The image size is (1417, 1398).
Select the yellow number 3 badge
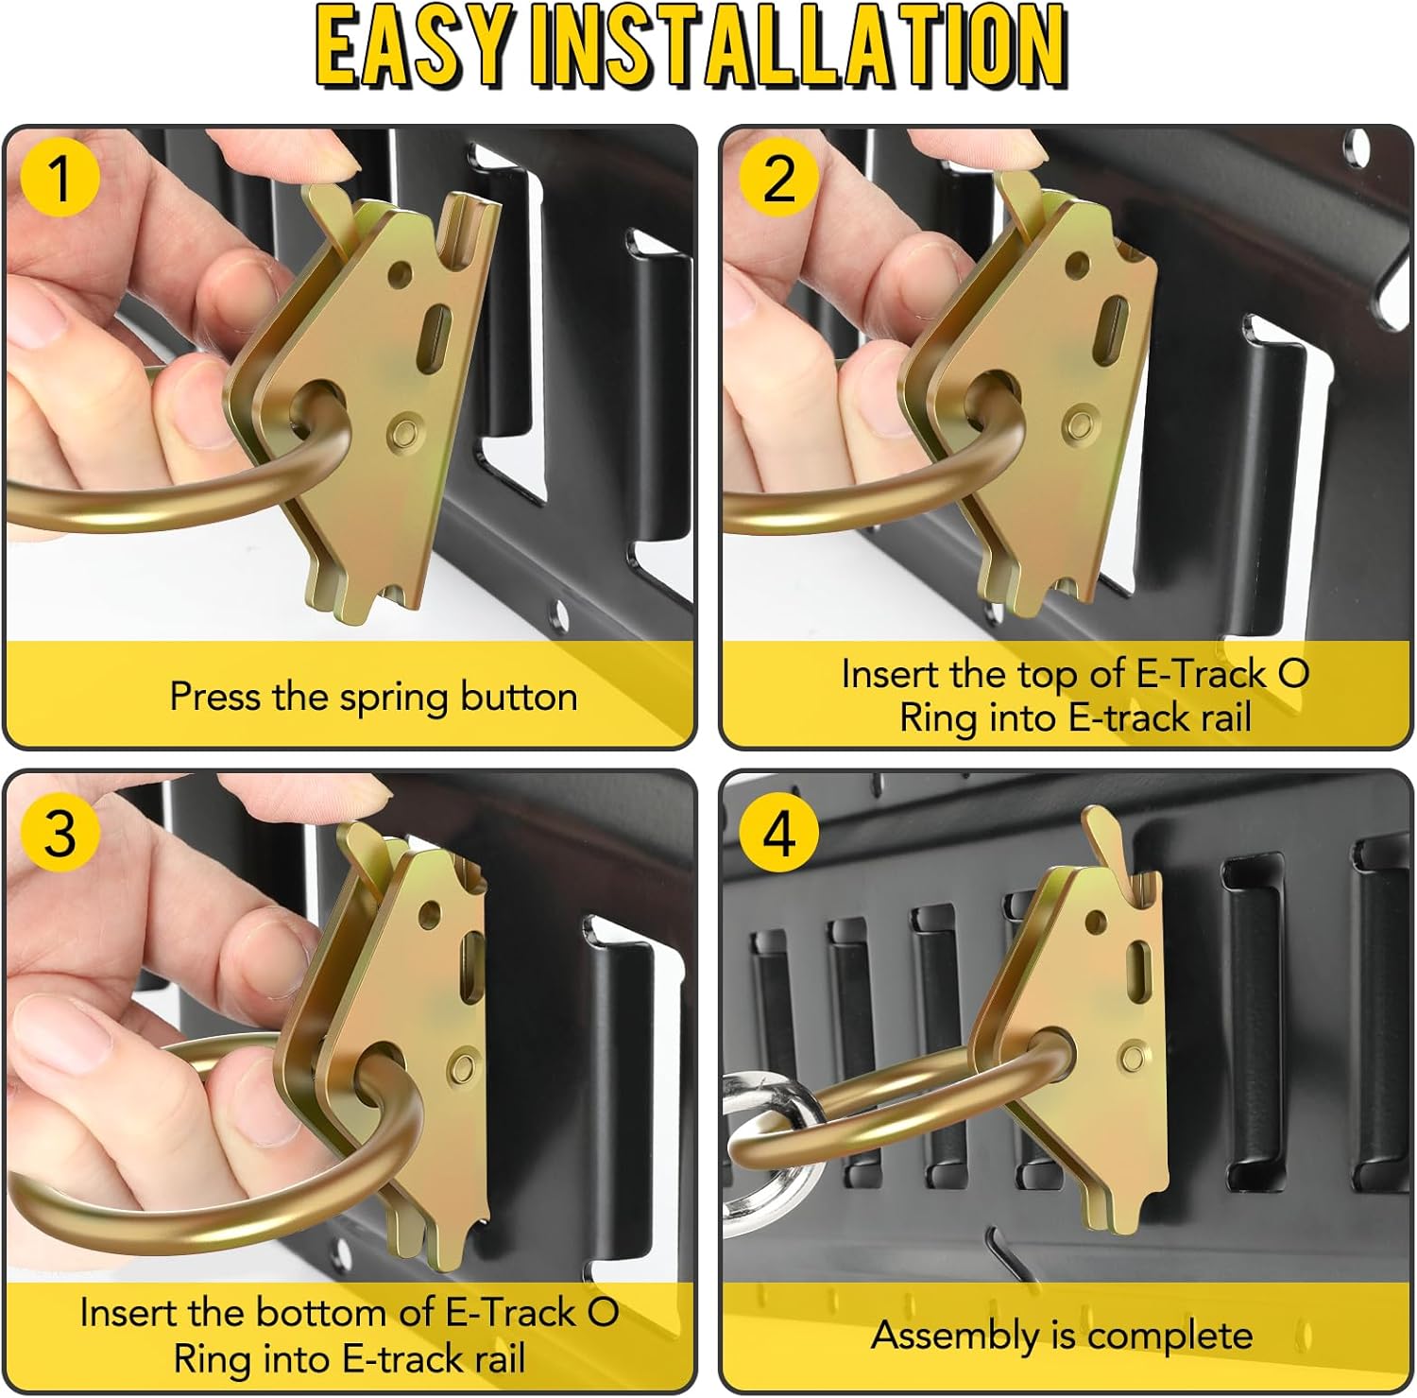(60, 832)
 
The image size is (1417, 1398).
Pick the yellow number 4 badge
(777, 832)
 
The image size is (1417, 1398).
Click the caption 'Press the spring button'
(373, 698)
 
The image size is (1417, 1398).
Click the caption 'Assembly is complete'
(1061, 1336)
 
